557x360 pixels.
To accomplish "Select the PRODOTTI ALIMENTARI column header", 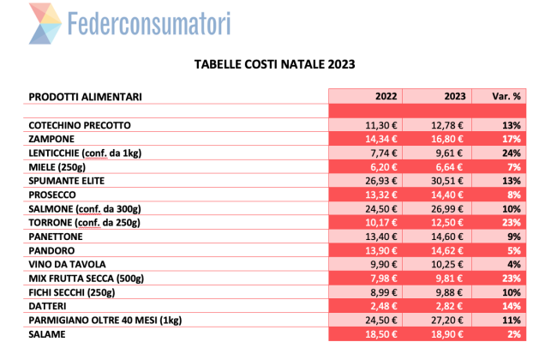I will click(85, 96).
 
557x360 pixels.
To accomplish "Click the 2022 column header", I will click(365, 96).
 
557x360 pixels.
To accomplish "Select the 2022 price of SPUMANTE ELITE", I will click(365, 180).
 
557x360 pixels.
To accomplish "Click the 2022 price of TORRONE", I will click(365, 222).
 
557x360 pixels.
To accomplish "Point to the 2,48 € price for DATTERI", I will click(365, 305).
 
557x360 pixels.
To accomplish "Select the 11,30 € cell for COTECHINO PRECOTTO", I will click(365, 124).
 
